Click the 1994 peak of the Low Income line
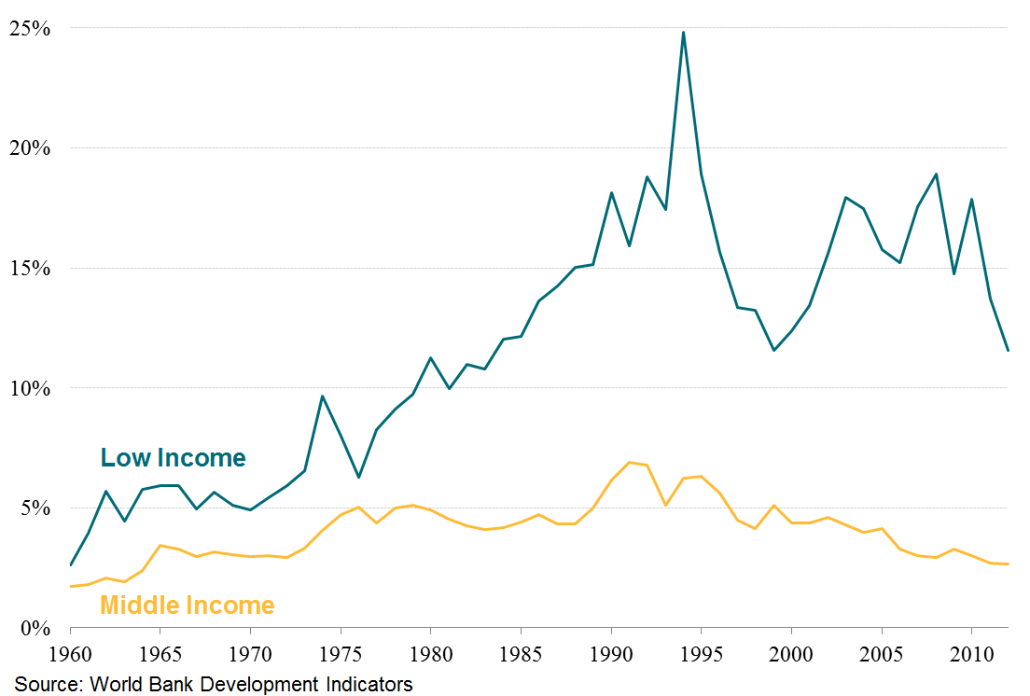click(683, 32)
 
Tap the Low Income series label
click(173, 458)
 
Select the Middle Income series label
click(187, 606)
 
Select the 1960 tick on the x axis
click(71, 650)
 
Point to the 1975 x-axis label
click(341, 650)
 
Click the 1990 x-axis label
click(611, 650)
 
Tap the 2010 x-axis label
click(971, 650)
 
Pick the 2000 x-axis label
click(791, 650)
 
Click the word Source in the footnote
click(45, 684)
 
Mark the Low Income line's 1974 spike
click(323, 396)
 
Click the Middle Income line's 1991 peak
click(629, 462)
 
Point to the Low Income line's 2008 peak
click(936, 174)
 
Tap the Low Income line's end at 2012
click(1008, 350)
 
